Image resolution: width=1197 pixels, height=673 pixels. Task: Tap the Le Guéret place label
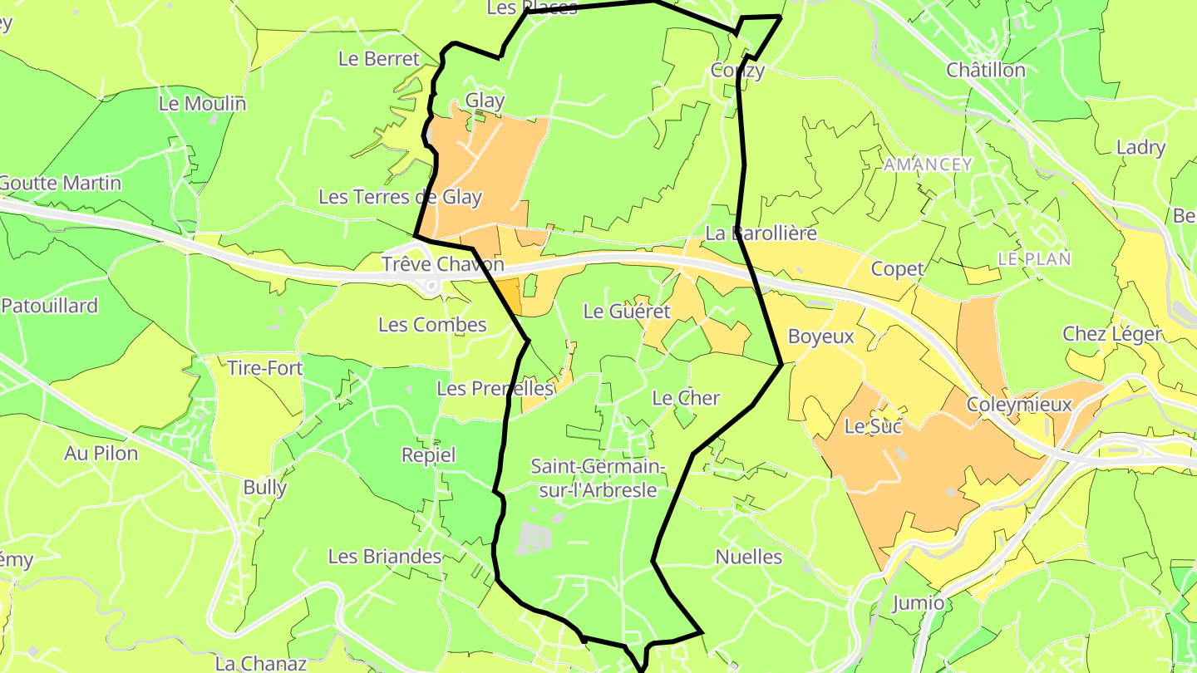coord(627,312)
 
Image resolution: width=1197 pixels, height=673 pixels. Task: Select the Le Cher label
coord(686,398)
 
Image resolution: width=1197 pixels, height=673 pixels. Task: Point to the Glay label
coord(485,101)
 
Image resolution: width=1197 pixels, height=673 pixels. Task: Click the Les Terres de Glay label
coord(400,197)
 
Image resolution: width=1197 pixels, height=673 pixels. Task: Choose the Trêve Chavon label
coord(442,264)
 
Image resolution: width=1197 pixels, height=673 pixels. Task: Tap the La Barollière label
coord(761,233)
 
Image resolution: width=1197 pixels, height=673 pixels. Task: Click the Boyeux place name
coord(821,336)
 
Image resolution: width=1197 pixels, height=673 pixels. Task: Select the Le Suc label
coord(873,426)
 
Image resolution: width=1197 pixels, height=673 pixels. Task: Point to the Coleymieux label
coord(1019,405)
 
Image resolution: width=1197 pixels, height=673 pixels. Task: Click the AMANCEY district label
coord(928,165)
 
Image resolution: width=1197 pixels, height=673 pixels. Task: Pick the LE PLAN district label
coord(1034,259)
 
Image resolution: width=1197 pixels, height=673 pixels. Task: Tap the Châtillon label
coord(986,70)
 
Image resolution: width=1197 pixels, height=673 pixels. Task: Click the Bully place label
coord(265,487)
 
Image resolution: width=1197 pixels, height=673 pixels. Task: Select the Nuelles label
coord(749,557)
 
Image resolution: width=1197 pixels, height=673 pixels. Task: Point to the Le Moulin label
coord(202,104)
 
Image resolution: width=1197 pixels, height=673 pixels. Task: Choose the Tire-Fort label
coord(265,367)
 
